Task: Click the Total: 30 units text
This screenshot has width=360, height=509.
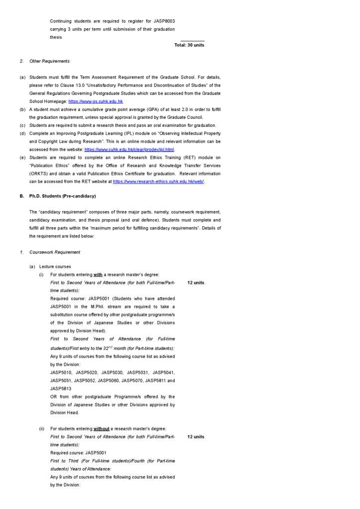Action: click(189, 45)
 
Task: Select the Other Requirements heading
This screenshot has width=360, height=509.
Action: click(49, 61)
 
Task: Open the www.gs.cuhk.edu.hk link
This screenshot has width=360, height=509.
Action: click(95, 101)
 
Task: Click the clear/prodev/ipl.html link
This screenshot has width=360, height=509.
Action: click(129, 150)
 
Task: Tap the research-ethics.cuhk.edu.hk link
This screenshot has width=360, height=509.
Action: click(158, 182)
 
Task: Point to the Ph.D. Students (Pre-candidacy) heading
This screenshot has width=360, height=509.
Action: click(62, 196)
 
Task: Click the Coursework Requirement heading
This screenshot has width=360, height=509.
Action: click(55, 253)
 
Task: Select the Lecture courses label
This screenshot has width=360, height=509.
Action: click(55, 267)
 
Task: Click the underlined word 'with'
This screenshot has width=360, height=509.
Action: click(98, 275)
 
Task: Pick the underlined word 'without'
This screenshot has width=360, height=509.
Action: click(101, 429)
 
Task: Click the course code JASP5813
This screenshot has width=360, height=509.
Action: click(61, 389)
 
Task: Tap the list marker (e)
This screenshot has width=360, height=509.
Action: click(23, 158)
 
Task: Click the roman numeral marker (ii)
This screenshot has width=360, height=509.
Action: click(42, 429)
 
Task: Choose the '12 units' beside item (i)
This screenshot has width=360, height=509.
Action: click(195, 283)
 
